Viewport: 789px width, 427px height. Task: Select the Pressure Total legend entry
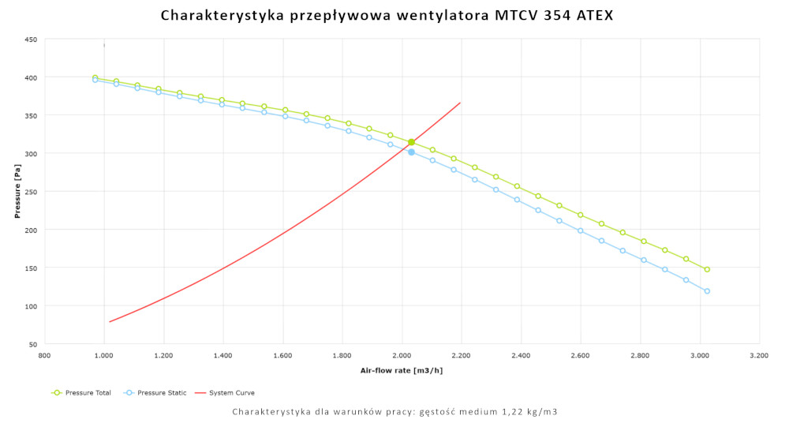(x=81, y=392)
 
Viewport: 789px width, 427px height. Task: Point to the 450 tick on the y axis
(x=31, y=39)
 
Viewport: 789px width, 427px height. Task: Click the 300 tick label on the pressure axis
(x=31, y=154)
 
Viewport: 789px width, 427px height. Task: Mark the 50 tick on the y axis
(x=32, y=345)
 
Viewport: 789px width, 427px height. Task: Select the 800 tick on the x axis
(x=45, y=356)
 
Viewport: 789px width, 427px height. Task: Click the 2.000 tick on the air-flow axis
(x=402, y=356)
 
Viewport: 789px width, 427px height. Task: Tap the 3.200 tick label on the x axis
(x=759, y=356)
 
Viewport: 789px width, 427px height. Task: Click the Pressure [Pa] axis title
(x=17, y=192)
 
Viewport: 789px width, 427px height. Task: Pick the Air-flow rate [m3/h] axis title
(x=402, y=370)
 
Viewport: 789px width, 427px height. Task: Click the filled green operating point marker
(x=411, y=142)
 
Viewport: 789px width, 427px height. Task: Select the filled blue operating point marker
(x=411, y=152)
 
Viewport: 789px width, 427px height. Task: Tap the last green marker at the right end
(x=707, y=269)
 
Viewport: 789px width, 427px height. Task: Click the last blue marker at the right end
(x=707, y=291)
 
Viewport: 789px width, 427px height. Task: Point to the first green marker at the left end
(x=95, y=77)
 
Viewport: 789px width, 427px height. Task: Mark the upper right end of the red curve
(x=460, y=103)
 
